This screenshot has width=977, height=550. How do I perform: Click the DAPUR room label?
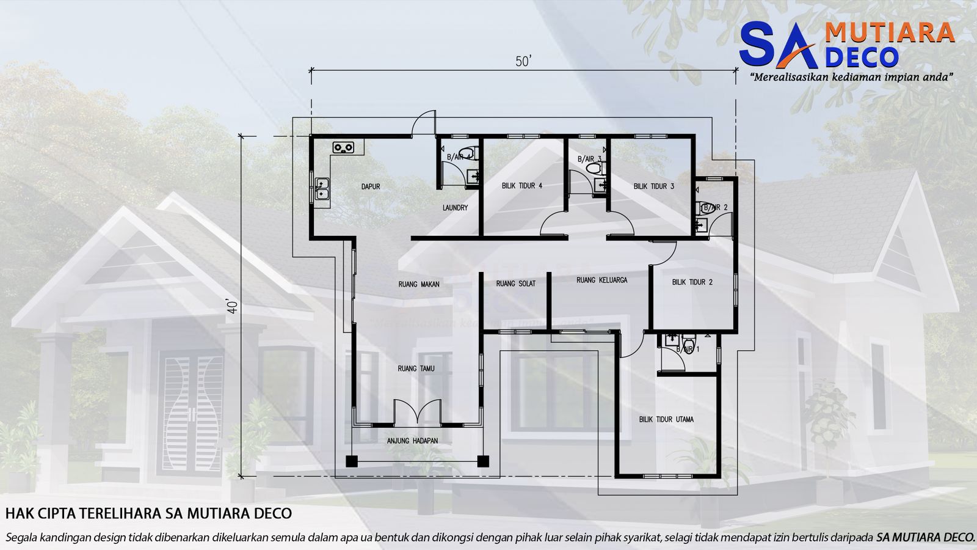click(371, 186)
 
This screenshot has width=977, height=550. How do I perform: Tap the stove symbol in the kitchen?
click(343, 147)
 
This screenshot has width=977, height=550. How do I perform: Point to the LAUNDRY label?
click(455, 208)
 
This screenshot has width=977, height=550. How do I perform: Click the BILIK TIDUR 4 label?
click(522, 186)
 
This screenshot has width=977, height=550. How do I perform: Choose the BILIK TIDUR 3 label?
click(654, 186)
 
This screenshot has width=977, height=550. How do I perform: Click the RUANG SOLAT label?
click(516, 284)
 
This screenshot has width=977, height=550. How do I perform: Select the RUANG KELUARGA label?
click(601, 280)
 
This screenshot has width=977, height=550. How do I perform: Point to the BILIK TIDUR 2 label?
click(692, 282)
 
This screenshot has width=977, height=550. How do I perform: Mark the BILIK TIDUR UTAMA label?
click(666, 420)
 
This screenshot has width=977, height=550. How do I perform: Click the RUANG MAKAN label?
click(419, 284)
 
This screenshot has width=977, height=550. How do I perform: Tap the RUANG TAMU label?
click(416, 369)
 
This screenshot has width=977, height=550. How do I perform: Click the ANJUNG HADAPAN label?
click(412, 441)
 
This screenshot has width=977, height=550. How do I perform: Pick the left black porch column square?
click(351, 461)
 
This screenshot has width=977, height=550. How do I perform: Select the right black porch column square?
click(483, 461)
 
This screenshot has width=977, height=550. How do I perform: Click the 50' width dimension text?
click(523, 62)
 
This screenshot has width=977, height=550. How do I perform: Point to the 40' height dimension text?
click(232, 306)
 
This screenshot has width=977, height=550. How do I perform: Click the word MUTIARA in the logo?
click(890, 33)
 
